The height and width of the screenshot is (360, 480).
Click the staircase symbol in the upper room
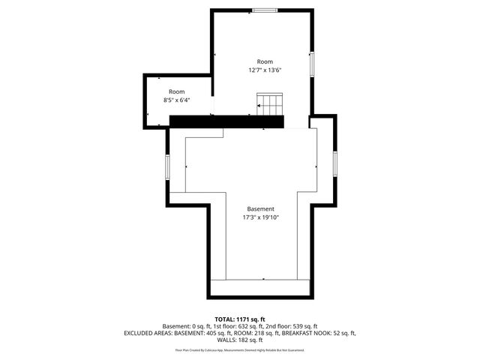(269, 103)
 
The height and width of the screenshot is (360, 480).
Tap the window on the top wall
(263, 10)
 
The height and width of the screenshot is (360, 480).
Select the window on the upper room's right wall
(314, 63)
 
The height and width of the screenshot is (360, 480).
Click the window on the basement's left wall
(168, 166)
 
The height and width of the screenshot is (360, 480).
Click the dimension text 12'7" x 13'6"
(265, 70)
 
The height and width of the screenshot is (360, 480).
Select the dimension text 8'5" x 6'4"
(176, 100)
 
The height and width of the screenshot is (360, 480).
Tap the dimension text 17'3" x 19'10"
(260, 217)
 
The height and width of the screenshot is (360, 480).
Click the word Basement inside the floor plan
(260, 208)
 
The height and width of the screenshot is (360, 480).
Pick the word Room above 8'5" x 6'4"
(176, 91)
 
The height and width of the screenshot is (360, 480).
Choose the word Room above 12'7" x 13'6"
(265, 61)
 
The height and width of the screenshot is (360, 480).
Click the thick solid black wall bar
(226, 121)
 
